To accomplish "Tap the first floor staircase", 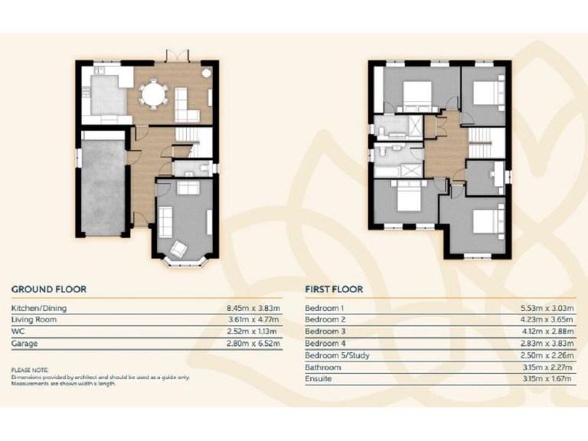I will [485, 143].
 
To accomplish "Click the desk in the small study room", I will [498, 176].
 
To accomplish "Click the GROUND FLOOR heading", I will [48, 289].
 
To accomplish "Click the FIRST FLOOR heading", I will [334, 289].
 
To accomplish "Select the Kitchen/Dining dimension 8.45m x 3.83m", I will [253, 308].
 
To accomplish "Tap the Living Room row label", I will [34, 320].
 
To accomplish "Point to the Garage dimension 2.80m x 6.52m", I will [253, 344].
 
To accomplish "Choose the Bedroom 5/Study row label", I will [335, 355].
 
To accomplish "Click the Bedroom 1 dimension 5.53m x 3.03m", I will [547, 308].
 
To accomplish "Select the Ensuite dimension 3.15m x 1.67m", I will [547, 379].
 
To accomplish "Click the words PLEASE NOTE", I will [30, 370].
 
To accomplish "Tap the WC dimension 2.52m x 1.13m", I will [253, 332].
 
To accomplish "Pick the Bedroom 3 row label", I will [325, 332].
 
